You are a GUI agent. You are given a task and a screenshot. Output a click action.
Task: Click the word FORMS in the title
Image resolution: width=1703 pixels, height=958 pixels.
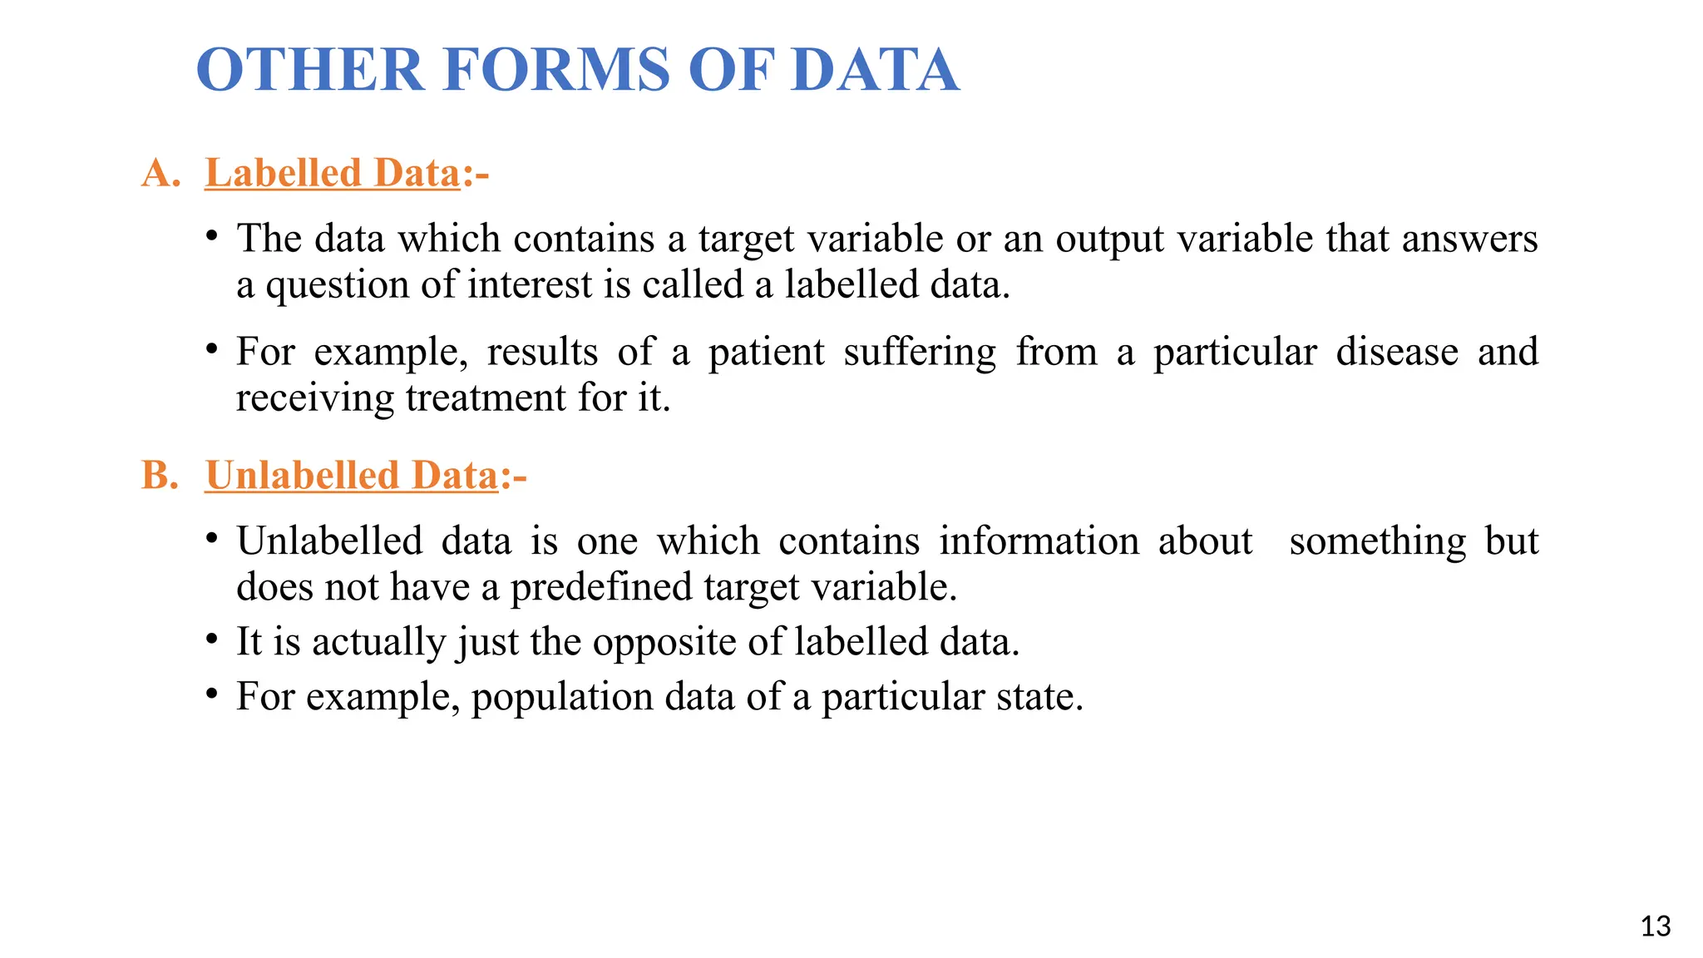pyautogui.click(x=556, y=70)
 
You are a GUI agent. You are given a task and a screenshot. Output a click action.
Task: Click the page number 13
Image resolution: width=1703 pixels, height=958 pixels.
pyautogui.click(x=1656, y=926)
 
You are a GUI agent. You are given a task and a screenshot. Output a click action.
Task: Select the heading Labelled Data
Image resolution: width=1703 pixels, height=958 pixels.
pyautogui.click(x=333, y=173)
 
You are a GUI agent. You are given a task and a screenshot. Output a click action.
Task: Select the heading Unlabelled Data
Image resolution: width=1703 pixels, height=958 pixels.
pyautogui.click(x=352, y=476)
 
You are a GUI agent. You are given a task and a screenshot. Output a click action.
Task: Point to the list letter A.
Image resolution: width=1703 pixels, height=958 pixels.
pyautogui.click(x=160, y=173)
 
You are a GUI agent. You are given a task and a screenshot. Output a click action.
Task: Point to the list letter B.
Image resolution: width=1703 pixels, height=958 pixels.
pyautogui.click(x=160, y=476)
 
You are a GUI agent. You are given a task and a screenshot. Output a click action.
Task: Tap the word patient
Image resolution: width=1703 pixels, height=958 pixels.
pyautogui.click(x=766, y=352)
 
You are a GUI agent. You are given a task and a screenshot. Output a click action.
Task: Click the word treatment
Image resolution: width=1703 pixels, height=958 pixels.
pyautogui.click(x=486, y=398)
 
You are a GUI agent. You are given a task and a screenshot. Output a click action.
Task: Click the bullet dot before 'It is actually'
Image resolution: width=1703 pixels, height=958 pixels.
pyautogui.click(x=213, y=640)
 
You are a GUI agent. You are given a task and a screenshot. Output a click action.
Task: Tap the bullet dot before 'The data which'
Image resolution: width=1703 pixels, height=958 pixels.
pyautogui.click(x=213, y=237)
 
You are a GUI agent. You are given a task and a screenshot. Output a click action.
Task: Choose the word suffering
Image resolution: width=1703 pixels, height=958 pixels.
pyautogui.click(x=920, y=352)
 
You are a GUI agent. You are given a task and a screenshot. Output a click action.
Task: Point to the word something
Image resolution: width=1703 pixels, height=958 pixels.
pyautogui.click(x=1378, y=541)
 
